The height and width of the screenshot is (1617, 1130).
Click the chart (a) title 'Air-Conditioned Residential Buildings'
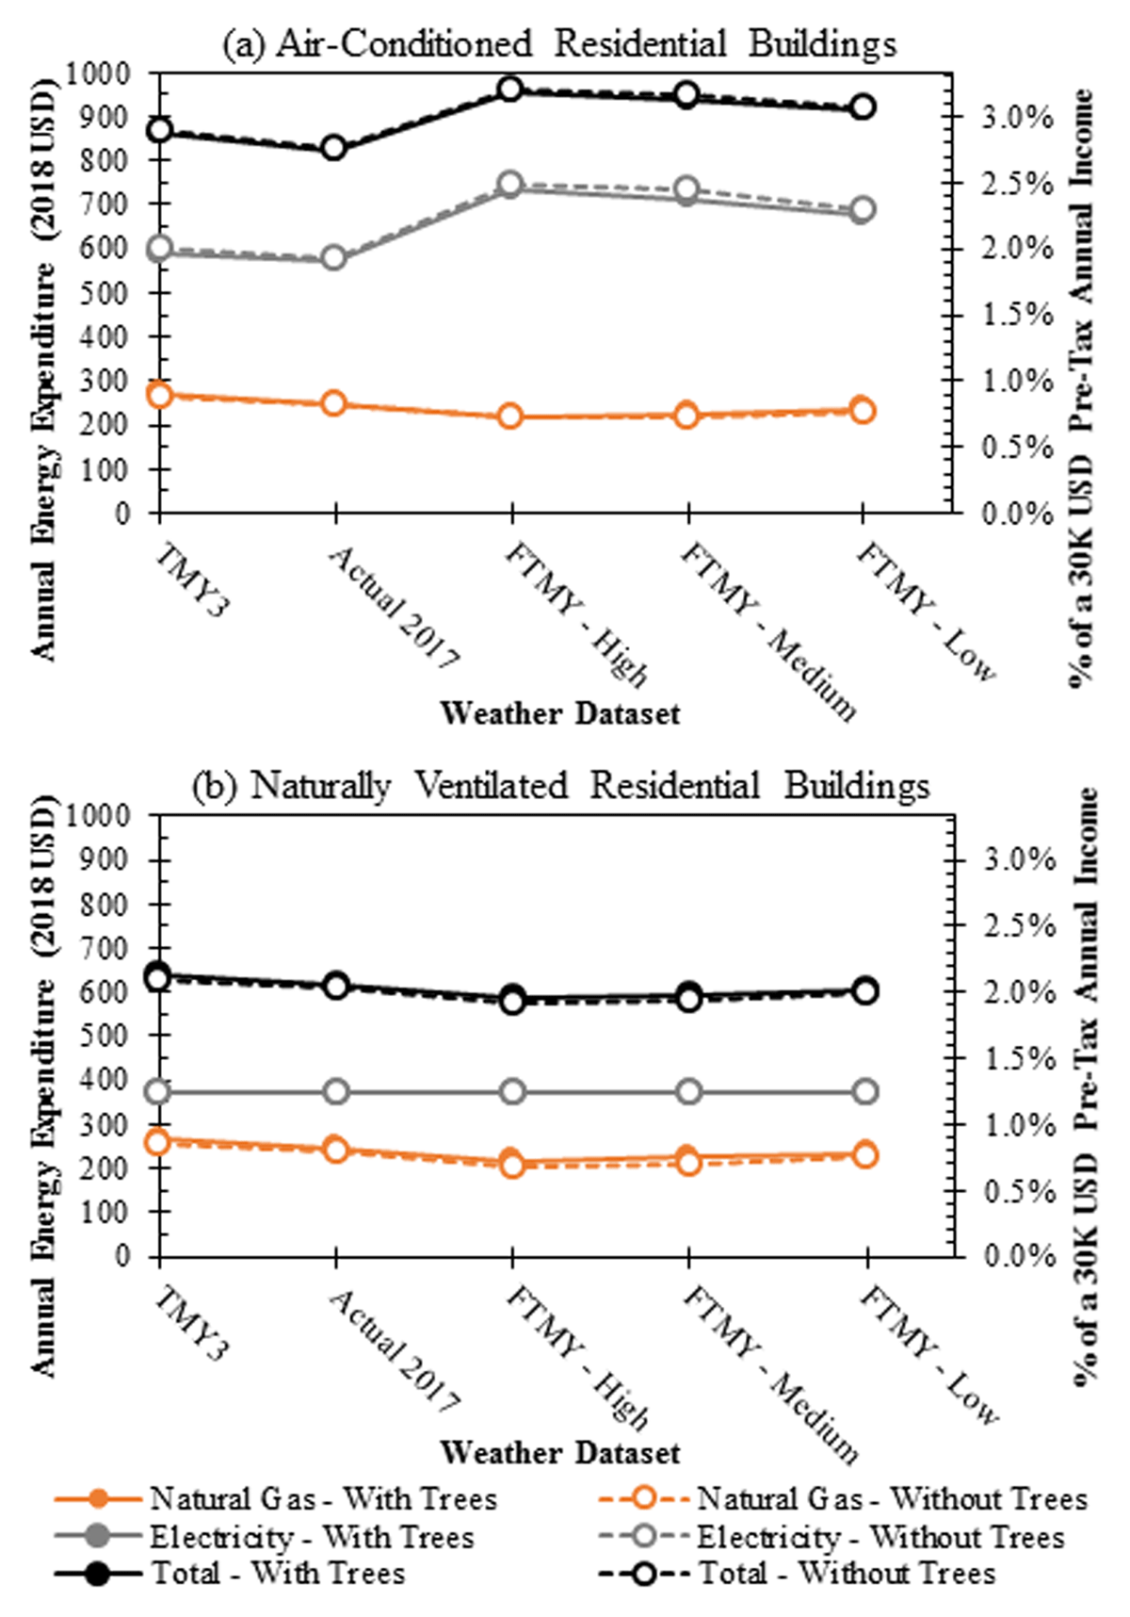(x=559, y=44)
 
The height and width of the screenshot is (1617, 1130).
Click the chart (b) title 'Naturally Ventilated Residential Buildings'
(x=561, y=786)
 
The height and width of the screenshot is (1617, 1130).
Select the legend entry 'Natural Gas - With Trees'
(x=323, y=1498)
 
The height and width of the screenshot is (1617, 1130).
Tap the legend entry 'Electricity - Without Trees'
(x=880, y=1537)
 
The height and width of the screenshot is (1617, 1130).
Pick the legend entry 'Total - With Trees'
(x=278, y=1573)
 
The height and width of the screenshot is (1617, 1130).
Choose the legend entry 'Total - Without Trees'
(x=846, y=1573)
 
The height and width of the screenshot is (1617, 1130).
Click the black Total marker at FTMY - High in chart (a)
(x=510, y=90)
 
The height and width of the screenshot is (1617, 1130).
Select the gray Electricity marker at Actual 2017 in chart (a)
(x=334, y=258)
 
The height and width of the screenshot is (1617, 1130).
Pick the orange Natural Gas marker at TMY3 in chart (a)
(x=160, y=395)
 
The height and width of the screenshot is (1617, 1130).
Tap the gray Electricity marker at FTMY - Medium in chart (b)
(x=689, y=1092)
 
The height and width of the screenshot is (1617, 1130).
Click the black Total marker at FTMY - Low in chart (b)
(x=865, y=990)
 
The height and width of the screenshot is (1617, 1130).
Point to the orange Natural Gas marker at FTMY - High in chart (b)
(x=512, y=1164)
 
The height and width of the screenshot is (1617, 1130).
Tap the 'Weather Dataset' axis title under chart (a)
(x=559, y=713)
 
